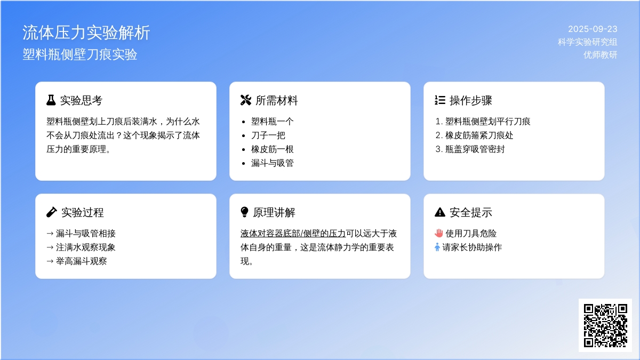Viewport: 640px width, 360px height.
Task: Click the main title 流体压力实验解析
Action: (86, 33)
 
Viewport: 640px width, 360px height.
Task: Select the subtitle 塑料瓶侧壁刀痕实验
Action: (80, 54)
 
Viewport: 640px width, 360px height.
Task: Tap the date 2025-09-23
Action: (593, 29)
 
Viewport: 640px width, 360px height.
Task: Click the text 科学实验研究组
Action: (587, 42)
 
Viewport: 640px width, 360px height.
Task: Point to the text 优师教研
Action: (601, 54)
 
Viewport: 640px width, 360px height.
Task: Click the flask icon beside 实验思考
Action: (51, 100)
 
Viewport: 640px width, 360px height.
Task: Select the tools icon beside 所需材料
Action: (246, 100)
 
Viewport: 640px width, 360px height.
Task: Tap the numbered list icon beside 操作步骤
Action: (440, 100)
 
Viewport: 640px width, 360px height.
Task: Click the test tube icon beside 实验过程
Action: (51, 212)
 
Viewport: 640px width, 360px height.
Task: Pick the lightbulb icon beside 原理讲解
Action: (245, 212)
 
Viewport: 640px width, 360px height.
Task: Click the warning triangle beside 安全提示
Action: (440, 212)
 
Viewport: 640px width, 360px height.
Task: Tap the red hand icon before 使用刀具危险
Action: (439, 234)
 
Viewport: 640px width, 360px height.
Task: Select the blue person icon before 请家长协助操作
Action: (437, 247)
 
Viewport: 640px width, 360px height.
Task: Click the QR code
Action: (605, 325)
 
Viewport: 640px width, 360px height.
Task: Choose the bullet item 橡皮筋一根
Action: (273, 149)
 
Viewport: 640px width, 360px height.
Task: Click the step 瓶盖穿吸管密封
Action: (475, 149)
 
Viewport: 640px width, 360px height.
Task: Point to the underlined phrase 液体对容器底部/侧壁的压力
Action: (293, 234)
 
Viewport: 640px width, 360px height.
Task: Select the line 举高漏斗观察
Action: (77, 261)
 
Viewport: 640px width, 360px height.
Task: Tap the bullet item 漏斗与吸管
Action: (273, 163)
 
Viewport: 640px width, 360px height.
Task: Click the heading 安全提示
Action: (471, 212)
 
